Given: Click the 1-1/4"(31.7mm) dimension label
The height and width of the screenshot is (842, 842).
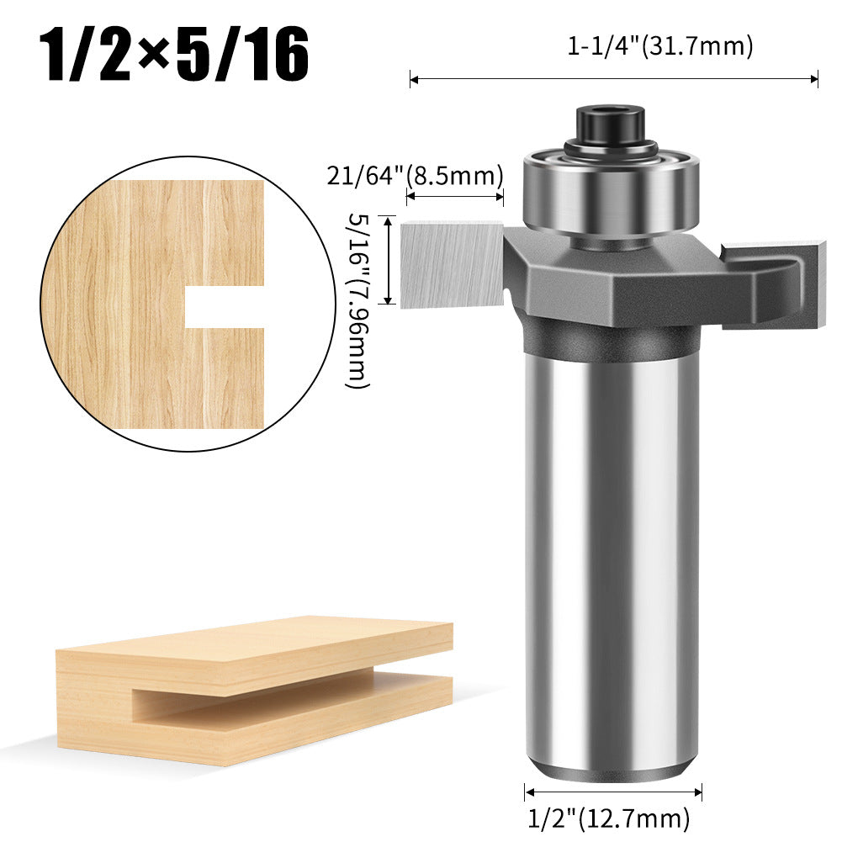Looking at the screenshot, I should pos(659,47).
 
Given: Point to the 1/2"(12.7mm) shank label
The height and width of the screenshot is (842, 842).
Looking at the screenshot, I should pos(608,816).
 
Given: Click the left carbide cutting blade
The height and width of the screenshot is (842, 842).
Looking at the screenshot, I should pos(451,262).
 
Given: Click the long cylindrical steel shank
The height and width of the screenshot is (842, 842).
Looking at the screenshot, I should pos(612,547).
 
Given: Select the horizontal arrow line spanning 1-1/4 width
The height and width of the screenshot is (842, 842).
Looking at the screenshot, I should pos(614,80).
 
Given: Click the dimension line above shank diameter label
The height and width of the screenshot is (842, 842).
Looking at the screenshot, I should pos(613,791).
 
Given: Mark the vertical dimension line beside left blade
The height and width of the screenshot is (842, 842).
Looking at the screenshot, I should pos(388,260).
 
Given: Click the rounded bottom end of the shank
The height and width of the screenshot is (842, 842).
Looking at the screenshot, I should pos(612,770).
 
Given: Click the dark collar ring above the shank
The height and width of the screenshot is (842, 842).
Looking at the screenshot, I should pos(612,343).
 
